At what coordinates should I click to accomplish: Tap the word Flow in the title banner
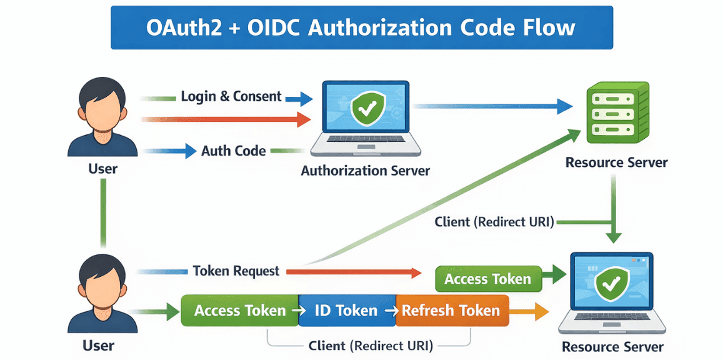click(x=550, y=28)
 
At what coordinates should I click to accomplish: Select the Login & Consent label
click(x=231, y=97)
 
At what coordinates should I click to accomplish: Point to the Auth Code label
click(x=233, y=151)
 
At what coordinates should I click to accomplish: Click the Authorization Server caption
click(x=365, y=170)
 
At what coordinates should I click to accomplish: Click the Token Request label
click(x=236, y=271)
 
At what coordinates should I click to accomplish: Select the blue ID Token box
click(x=346, y=311)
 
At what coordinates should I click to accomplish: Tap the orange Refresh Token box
click(x=452, y=311)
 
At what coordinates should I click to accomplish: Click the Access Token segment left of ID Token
click(x=239, y=311)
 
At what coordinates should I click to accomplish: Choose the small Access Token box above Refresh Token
click(x=487, y=279)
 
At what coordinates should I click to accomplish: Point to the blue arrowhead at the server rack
click(x=565, y=107)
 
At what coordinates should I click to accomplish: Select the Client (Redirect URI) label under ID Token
click(x=371, y=346)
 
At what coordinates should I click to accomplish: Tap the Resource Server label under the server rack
click(x=616, y=162)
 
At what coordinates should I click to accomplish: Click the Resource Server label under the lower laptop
click(x=612, y=347)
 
